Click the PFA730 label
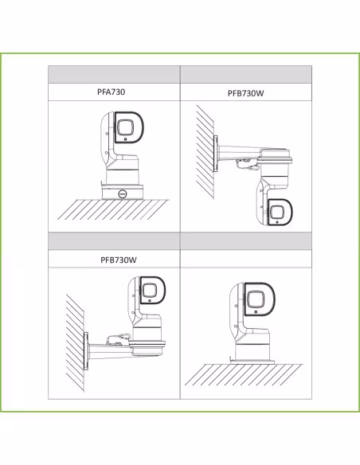pos(112,92)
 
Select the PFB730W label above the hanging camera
pos(245,93)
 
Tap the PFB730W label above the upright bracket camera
pos(119,260)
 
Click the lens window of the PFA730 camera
pos(125,127)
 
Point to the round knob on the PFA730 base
pos(123,193)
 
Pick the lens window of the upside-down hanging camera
pos(276,212)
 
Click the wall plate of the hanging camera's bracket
pos(215,154)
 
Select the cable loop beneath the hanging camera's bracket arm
pos(245,164)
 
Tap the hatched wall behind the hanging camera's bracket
pos(205,152)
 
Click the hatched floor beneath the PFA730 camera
pos(114,209)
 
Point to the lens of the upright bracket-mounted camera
pos(149,290)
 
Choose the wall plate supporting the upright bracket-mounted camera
pos(86,351)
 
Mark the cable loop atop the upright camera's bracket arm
pos(119,339)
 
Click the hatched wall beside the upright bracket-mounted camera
pos(75,343)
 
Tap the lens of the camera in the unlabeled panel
pos(256,299)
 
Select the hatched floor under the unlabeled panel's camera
pos(244,374)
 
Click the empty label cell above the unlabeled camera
pos(246,259)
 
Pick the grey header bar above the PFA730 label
pos(114,74)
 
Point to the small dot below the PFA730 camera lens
pos(126,139)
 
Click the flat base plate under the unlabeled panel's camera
pos(252,361)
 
